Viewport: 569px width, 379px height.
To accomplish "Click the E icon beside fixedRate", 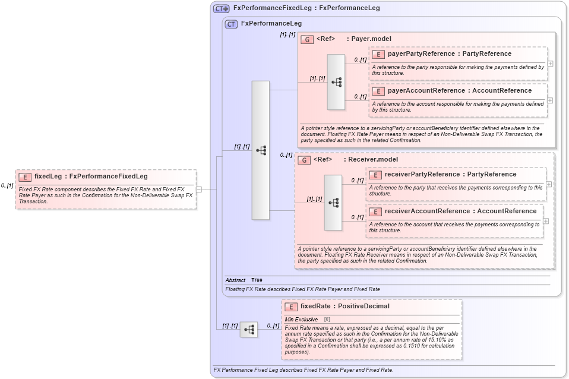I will pos(291,307).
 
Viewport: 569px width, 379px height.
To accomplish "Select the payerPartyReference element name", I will pos(421,54).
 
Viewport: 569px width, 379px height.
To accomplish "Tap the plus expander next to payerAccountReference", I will pos(550,100).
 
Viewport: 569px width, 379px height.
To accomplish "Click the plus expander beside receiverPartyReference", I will pos(548,184).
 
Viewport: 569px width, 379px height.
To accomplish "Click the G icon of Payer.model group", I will pos(307,39).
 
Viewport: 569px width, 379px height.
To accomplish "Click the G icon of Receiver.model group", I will pos(304,160).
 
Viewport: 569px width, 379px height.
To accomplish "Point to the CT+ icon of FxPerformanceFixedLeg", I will pos(221,8).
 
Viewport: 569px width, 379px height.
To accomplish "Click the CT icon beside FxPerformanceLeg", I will pos(231,24).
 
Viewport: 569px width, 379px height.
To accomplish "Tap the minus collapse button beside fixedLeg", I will pos(199,190).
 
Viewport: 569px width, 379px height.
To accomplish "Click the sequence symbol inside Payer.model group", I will pos(336,82).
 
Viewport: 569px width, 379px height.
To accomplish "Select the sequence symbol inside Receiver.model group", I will pos(333,203).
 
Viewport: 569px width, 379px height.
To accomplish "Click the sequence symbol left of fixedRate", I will pos(249,329).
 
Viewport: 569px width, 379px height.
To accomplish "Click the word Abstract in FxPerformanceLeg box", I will pos(235,280).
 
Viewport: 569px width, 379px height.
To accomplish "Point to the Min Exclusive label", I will pos(301,320).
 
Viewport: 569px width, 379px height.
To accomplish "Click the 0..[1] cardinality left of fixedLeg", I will pos(7,186).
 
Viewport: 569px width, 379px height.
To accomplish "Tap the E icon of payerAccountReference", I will pos(378,91).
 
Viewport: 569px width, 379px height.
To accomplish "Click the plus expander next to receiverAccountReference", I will pos(545,221).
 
